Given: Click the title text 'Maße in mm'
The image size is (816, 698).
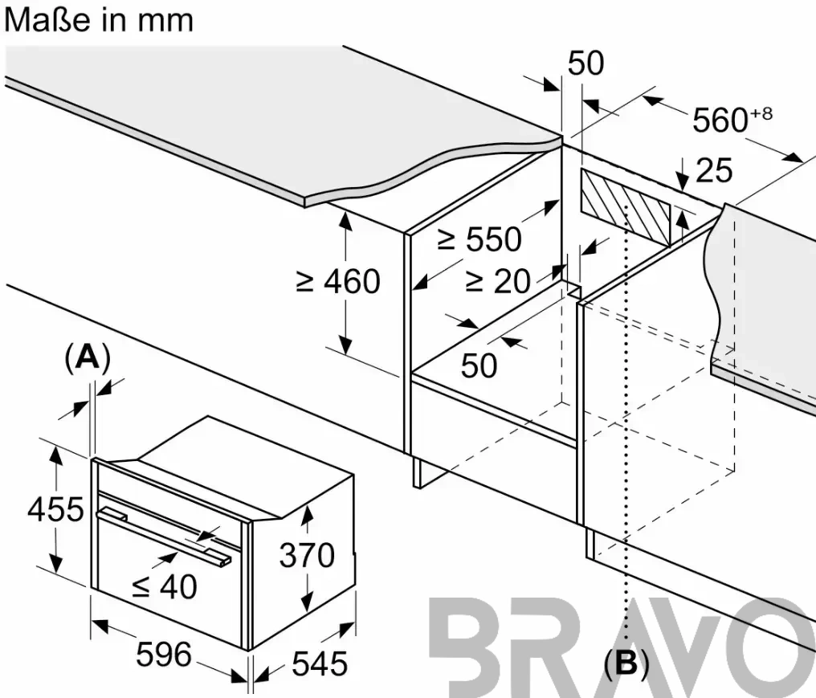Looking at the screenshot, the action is pyautogui.click(x=99, y=21).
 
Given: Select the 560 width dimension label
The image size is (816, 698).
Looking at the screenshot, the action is pyautogui.click(x=720, y=120).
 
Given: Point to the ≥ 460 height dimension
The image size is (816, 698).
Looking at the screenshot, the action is pyautogui.click(x=338, y=282).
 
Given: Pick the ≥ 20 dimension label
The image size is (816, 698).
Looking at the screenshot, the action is pyautogui.click(x=497, y=281).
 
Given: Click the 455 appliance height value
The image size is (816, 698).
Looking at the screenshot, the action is pyautogui.click(x=55, y=509).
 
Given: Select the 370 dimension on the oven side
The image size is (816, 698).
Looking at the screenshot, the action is pyautogui.click(x=307, y=555).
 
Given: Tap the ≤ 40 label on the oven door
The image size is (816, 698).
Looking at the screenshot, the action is pyautogui.click(x=165, y=586).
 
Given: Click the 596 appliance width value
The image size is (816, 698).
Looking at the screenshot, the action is pyautogui.click(x=164, y=654).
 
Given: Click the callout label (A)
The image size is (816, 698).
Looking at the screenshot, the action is pyautogui.click(x=88, y=358).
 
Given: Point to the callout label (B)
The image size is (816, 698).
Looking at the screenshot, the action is pyautogui.click(x=626, y=664).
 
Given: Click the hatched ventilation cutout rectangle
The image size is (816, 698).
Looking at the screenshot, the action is pyautogui.click(x=626, y=206).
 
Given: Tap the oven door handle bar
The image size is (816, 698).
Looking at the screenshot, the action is pyautogui.click(x=163, y=536).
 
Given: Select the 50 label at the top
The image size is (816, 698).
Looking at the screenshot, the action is pyautogui.click(x=586, y=63).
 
